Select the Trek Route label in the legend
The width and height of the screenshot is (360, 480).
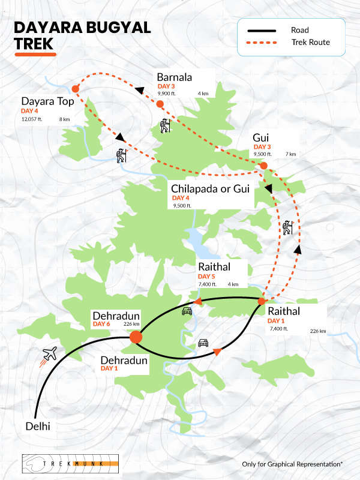[311, 43]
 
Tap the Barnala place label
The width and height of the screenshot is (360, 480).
[174, 77]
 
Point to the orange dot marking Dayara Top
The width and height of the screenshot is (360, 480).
[76, 89]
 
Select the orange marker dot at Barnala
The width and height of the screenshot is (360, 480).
[160, 104]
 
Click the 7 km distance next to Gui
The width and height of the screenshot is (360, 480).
[291, 154]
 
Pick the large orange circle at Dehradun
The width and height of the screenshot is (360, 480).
[136, 337]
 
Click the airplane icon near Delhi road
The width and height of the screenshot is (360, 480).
[49, 354]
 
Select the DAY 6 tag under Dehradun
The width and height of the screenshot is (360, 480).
[101, 325]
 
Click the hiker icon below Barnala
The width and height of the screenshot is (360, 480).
[165, 126]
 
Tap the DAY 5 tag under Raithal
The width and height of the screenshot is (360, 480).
[207, 275]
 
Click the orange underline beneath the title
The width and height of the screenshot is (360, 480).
[35, 54]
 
